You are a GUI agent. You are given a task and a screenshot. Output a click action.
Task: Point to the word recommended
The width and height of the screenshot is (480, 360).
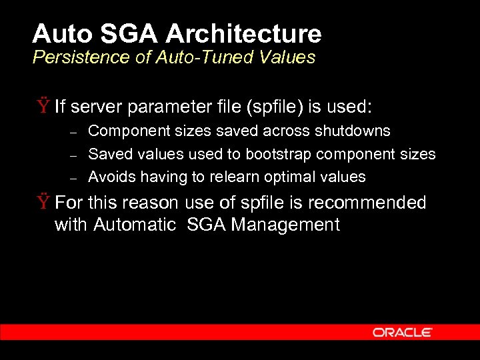(372, 203)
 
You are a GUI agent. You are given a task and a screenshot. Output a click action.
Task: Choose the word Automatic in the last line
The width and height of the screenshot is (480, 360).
(135, 225)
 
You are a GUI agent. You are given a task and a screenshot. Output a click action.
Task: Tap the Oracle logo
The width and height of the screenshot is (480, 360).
(403, 332)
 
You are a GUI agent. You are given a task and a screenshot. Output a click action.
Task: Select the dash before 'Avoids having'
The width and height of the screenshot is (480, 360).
(75, 177)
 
